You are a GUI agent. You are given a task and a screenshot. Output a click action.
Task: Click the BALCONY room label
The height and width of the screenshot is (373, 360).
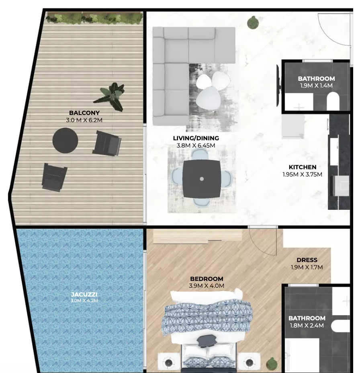point(84,113)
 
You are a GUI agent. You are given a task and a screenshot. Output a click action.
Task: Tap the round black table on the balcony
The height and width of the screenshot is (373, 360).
point(65,141)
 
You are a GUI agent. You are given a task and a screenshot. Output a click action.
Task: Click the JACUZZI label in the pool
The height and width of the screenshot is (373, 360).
point(84,295)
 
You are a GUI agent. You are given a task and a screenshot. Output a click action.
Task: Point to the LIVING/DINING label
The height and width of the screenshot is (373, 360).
point(196,138)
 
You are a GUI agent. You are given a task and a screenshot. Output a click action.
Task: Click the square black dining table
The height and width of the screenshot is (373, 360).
point(202,179)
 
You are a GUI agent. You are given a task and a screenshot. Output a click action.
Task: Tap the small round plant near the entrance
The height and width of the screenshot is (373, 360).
point(253,23)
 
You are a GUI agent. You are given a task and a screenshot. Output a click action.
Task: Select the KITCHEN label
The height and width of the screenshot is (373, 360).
point(303,167)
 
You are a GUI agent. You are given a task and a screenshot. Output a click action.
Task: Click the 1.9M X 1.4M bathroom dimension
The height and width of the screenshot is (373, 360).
point(316,86)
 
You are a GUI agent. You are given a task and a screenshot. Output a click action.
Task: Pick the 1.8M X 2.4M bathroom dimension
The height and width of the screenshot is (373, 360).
point(307,326)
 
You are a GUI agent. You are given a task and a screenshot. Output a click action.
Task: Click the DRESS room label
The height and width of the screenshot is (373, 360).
point(307,260)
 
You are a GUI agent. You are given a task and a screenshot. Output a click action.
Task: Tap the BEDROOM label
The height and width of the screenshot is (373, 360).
point(207,279)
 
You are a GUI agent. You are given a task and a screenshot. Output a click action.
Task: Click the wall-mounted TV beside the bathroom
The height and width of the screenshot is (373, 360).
point(278,86)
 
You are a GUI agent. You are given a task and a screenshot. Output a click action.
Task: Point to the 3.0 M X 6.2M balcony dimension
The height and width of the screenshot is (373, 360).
point(84,120)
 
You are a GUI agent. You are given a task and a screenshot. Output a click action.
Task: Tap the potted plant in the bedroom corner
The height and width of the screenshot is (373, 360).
point(272,364)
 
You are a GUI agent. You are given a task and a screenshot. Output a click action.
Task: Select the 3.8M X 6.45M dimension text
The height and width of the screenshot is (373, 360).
point(196,146)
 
